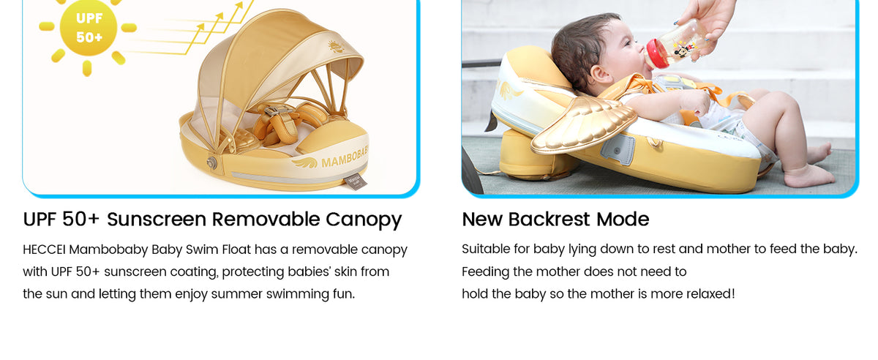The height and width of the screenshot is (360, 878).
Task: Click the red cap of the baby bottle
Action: [652, 53]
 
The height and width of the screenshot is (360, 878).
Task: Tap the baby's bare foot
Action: [808, 176]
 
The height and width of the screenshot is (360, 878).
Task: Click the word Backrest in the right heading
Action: [549, 220]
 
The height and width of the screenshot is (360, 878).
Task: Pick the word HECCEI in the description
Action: [44, 250]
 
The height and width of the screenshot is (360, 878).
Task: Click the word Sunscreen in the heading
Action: [157, 220]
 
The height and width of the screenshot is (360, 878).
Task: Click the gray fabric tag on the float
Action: [356, 181]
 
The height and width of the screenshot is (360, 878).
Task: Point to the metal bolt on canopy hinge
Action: [212, 162]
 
